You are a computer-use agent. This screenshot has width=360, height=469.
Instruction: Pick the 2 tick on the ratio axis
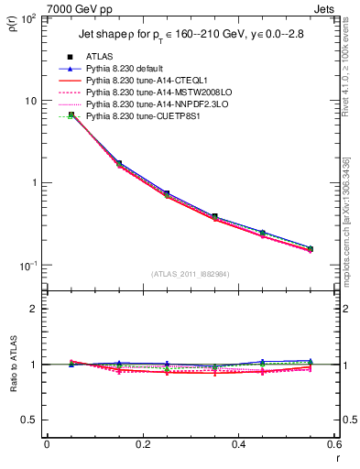pos(35,309)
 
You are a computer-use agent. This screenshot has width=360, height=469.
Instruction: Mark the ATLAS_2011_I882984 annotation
pos(191,274)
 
